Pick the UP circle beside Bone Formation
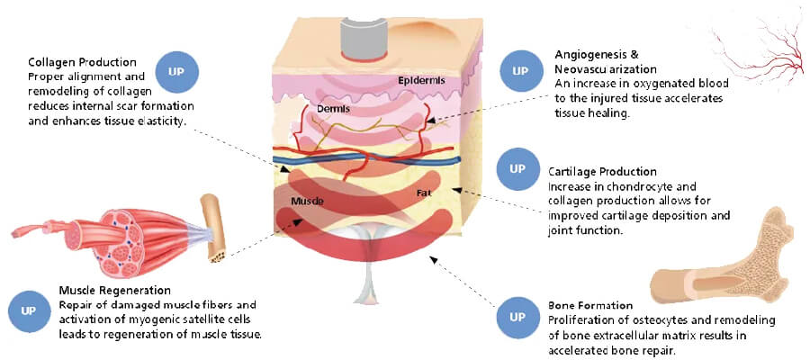(x=517, y=316)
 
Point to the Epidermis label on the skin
(x=421, y=81)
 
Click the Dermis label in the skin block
(x=334, y=109)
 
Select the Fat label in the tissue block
(x=423, y=193)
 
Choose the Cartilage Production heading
(x=602, y=171)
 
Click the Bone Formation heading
(x=590, y=306)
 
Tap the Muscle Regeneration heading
(x=114, y=290)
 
